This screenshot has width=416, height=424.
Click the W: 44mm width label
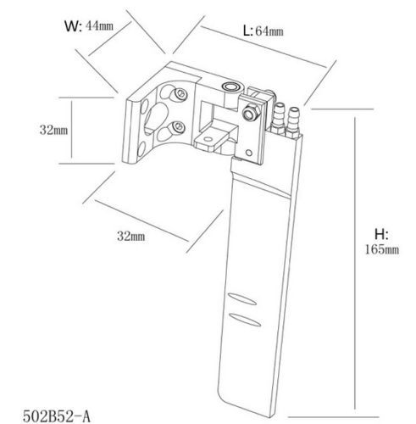coord(89,26)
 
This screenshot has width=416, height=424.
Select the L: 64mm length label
coord(263,31)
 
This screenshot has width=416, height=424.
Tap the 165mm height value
coord(382,249)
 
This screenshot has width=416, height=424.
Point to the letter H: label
coord(381,234)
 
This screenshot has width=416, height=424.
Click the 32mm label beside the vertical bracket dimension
coord(53,130)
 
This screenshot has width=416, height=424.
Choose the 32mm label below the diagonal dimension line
coord(131,236)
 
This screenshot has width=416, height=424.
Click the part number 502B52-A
coord(57,416)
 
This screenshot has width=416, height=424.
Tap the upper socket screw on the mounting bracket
coord(180,93)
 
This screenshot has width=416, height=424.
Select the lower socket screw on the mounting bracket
coord(178,127)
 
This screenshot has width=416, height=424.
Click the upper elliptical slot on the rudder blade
coord(242,299)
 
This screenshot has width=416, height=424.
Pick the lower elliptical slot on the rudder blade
coord(245,320)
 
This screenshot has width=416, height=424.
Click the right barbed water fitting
coord(293,122)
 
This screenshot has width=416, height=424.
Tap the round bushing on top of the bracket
coord(230,86)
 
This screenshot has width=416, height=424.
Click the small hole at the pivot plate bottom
coord(249,153)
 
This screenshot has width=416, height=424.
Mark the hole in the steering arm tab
coord(208,139)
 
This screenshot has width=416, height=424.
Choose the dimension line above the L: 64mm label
coord(263,47)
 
